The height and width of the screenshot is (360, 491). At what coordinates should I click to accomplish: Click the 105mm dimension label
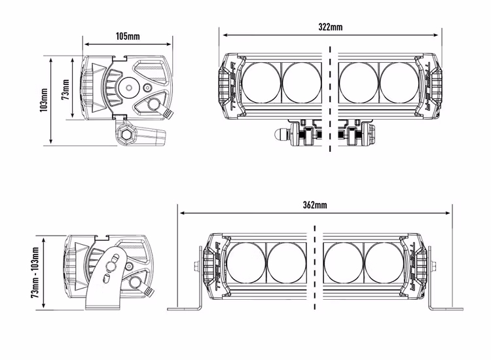click(128, 35)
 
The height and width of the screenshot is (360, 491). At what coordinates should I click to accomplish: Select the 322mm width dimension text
click(331, 27)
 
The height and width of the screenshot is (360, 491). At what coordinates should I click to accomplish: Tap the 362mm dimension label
click(315, 205)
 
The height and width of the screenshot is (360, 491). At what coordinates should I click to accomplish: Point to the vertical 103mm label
click(43, 100)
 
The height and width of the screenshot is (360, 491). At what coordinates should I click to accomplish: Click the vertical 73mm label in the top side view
click(65, 88)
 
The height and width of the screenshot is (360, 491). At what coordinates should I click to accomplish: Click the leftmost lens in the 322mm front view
click(262, 82)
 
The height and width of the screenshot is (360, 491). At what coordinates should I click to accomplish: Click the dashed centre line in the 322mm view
click(331, 98)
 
